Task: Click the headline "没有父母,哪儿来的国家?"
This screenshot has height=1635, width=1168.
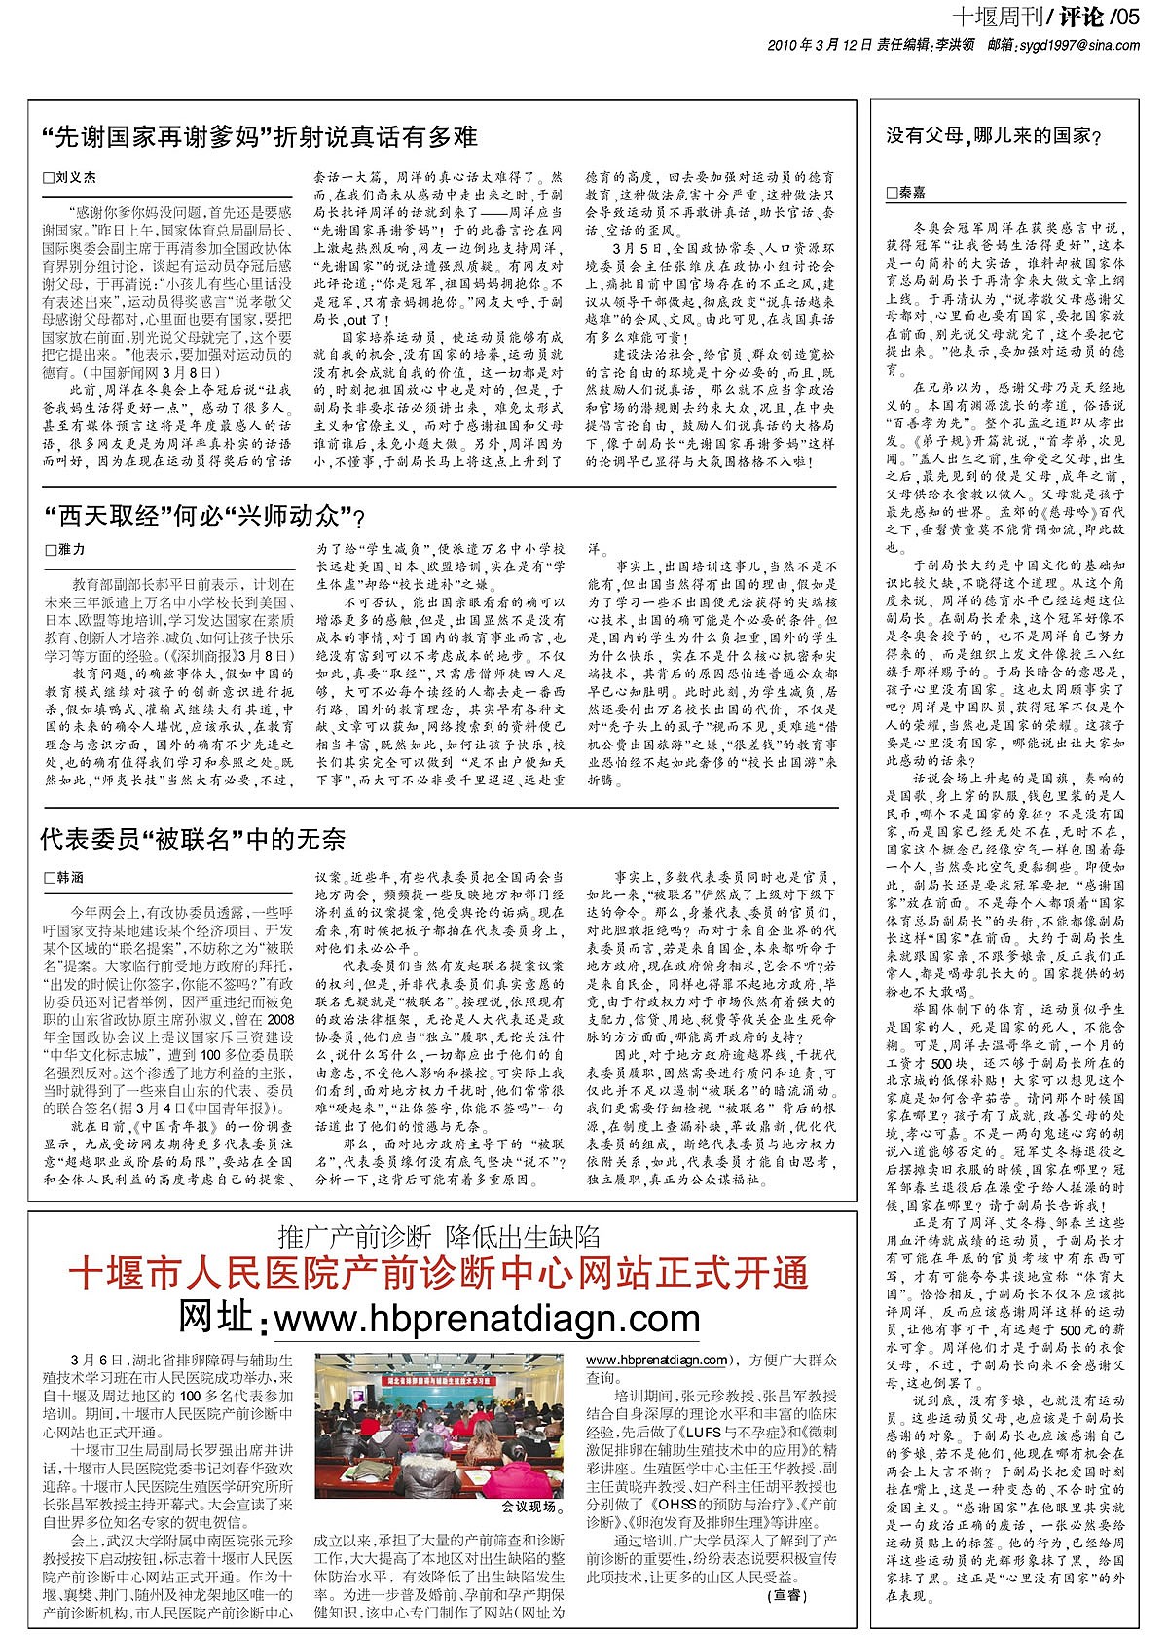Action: pos(994,136)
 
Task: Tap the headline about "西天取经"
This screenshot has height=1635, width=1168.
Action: pos(205,516)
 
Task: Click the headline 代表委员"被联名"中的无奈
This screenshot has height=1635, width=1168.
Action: pos(193,839)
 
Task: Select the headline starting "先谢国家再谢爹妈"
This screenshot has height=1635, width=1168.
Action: pos(260,137)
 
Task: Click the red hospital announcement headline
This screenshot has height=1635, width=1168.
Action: pos(439,1273)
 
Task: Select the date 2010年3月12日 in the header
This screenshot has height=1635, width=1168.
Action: pos(820,45)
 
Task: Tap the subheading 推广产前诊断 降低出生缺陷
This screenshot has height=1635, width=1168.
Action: pos(439,1237)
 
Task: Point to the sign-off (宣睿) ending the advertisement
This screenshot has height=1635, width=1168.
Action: pos(787,1596)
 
